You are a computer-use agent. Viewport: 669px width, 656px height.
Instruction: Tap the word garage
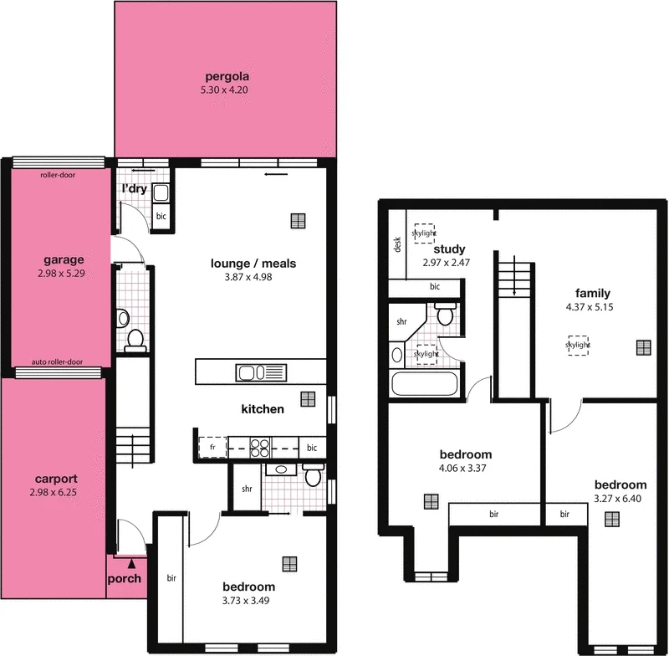tap(64, 259)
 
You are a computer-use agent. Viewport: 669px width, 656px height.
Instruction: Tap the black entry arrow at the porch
tap(130, 566)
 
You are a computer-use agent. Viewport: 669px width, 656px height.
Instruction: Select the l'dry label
tap(135, 190)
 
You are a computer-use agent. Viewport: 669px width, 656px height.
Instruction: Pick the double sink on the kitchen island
tap(261, 372)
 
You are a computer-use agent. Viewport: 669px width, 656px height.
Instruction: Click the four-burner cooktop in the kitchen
tap(259, 446)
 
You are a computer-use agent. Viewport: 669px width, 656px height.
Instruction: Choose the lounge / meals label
tap(253, 264)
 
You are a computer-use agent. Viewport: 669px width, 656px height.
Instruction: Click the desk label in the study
tap(398, 245)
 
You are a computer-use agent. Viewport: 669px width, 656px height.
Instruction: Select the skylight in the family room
tap(577, 345)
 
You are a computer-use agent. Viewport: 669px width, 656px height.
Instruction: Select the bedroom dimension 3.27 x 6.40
tap(620, 498)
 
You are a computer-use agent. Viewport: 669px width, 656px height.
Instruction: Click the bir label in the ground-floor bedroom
tap(171, 578)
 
